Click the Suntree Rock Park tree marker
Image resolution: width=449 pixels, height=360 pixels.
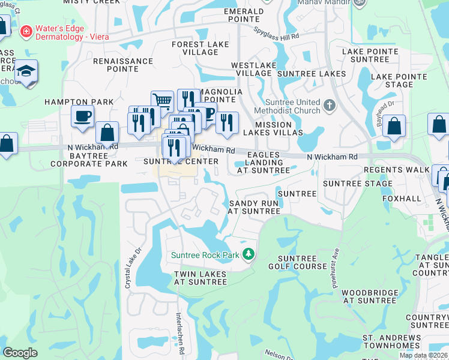[248, 255]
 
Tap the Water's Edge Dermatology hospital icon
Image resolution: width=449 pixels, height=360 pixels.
[26, 31]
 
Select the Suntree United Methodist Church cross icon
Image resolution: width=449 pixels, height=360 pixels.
[329, 106]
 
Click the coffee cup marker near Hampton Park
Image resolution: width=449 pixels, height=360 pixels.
[82, 115]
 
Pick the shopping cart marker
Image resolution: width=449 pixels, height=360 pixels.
[161, 101]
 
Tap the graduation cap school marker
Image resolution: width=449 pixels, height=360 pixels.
[26, 71]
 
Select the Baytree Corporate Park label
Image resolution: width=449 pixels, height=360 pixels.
[89, 159]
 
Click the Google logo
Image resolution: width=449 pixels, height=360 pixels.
[20, 353]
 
